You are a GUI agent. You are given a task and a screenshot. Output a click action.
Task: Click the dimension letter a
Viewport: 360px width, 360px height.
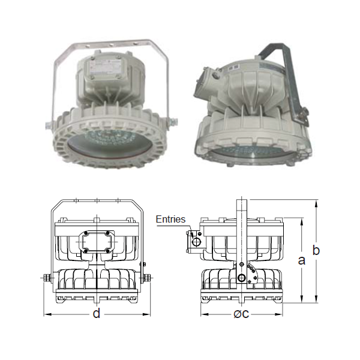[301, 260]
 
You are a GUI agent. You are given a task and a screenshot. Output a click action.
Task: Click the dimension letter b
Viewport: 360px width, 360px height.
[316, 250]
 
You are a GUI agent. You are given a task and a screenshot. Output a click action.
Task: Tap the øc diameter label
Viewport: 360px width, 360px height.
[241, 313]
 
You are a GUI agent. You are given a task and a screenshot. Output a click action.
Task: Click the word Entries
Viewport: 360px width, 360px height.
[170, 219]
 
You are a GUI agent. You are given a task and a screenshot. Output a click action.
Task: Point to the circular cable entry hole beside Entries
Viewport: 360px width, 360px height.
[196, 242]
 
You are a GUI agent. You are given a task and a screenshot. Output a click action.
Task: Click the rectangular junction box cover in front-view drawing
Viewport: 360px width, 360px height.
[97, 242]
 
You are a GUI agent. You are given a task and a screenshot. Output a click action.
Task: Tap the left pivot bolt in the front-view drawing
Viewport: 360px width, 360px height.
[47, 278]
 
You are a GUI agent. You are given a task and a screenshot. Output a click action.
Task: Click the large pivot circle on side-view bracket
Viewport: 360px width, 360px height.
[241, 278]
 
